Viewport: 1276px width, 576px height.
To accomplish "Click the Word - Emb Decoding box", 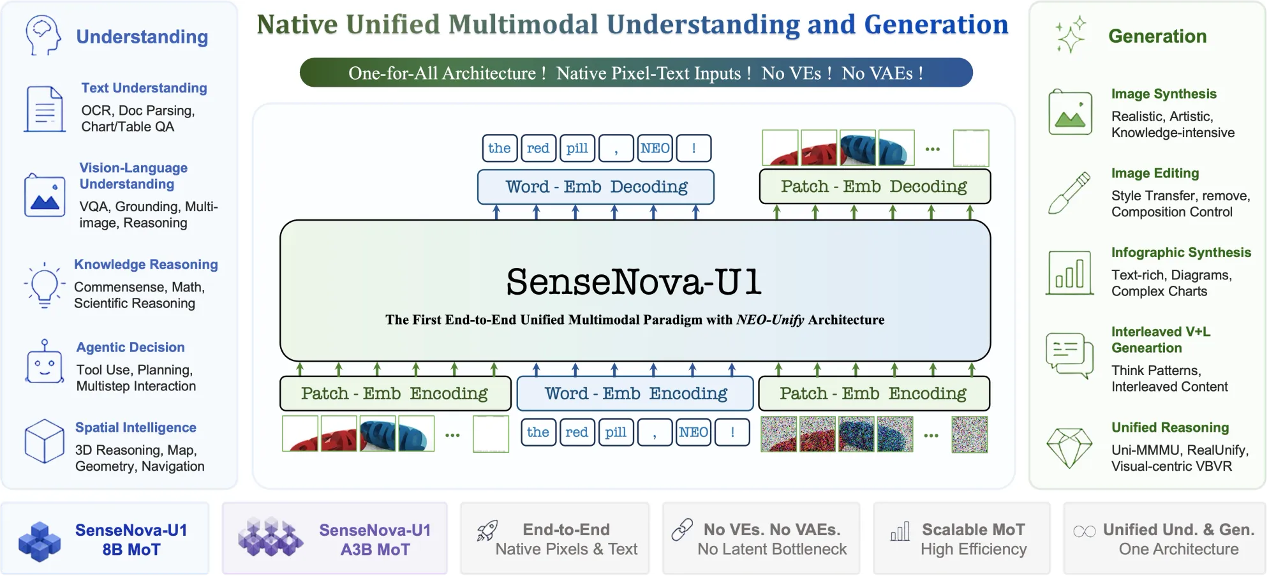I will point(596,187).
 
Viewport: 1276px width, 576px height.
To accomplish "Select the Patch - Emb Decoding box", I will point(874,186).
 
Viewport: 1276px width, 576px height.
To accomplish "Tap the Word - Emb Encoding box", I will point(635,394).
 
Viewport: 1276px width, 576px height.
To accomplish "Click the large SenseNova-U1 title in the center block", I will point(634,282).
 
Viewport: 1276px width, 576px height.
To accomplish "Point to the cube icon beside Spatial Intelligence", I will point(44,441).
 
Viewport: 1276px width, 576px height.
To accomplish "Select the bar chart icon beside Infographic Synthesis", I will point(1069,273).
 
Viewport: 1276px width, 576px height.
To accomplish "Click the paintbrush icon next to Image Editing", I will point(1069,193).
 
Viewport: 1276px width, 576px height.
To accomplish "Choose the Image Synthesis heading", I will point(1164,94).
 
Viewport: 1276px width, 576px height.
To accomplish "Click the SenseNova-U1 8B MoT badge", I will point(105,540).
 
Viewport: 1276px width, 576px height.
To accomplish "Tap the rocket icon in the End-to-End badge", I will point(487,531).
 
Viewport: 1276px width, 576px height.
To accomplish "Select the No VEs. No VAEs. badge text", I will point(772,530).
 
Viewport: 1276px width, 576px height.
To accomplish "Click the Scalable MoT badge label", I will point(973,530).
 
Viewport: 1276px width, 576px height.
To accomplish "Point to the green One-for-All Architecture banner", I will point(635,73).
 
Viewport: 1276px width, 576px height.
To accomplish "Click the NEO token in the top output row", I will point(655,149).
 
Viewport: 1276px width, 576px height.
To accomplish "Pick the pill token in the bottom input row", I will point(616,432).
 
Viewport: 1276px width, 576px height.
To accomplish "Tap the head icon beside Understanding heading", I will point(43,35).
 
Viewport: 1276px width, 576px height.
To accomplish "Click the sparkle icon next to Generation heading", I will point(1070,34).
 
